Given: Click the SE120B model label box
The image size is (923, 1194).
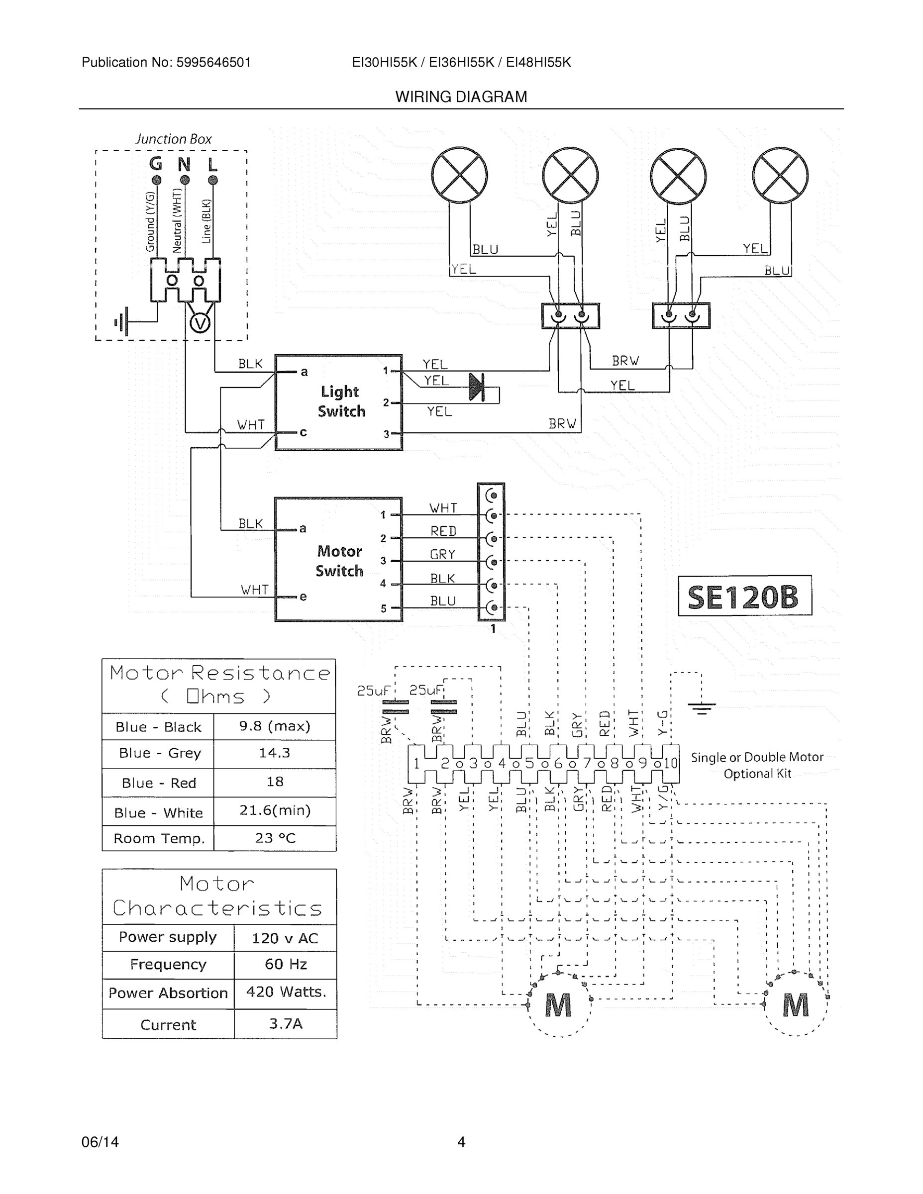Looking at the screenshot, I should [x=744, y=596].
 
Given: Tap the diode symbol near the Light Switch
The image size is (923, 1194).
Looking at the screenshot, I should [x=477, y=388].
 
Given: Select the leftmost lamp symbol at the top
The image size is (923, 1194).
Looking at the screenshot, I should [x=459, y=175].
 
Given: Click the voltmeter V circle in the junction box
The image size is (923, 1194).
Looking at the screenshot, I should [x=200, y=324].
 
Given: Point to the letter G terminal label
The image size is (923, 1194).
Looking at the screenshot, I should [x=156, y=164].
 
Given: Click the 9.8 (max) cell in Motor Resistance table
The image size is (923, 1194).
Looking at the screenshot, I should [x=275, y=726].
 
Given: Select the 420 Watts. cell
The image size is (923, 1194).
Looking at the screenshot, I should [x=286, y=992].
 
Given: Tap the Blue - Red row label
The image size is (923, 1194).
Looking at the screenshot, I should [x=159, y=783].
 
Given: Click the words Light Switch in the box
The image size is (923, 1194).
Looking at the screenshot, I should [x=341, y=401].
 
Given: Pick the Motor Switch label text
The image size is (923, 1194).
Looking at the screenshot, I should [x=339, y=561].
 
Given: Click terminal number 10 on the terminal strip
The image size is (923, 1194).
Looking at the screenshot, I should [x=670, y=763].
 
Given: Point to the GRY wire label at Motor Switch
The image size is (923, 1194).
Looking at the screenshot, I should [x=442, y=554].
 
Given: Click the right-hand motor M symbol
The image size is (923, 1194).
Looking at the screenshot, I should [x=795, y=1005].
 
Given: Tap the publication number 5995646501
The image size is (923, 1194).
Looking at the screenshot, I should [x=213, y=62].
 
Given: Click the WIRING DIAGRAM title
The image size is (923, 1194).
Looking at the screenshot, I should [x=461, y=97].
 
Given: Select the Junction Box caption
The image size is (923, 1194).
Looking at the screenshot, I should [x=173, y=139].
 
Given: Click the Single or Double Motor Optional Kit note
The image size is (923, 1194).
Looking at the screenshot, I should [x=757, y=765].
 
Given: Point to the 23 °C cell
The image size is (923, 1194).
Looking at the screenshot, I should [x=275, y=838].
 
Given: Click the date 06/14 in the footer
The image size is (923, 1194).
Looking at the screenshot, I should [x=100, y=1142].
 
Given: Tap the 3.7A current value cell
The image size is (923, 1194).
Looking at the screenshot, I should [x=286, y=1023].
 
